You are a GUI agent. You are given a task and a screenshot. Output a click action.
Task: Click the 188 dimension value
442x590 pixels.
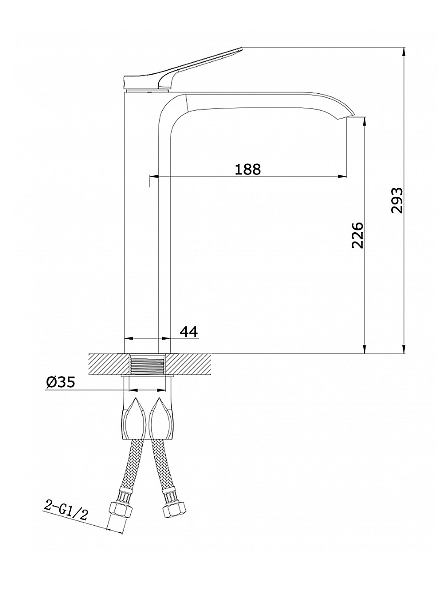(x=248, y=169)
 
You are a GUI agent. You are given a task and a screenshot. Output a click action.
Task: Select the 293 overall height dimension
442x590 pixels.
(x=396, y=200)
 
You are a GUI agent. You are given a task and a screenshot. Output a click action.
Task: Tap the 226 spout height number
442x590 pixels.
(x=357, y=235)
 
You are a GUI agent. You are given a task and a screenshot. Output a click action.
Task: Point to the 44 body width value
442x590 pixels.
(x=189, y=332)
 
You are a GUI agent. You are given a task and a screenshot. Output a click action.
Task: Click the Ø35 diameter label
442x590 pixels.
(x=60, y=382)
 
